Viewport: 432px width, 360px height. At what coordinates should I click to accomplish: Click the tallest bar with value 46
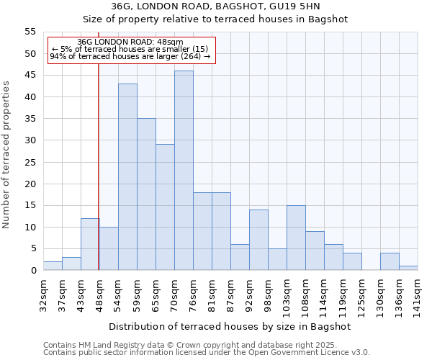click(x=184, y=170)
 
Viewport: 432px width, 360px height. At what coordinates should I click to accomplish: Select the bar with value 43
click(x=127, y=177)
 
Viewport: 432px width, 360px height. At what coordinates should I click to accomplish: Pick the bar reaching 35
click(x=146, y=194)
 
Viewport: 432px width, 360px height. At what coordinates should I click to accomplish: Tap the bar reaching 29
click(x=165, y=207)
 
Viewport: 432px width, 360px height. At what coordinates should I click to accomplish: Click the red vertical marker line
click(x=98, y=180)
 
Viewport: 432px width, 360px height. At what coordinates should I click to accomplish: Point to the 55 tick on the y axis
click(x=30, y=32)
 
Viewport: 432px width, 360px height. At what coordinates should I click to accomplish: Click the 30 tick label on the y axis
click(x=30, y=140)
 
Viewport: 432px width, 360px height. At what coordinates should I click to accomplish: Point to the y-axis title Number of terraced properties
click(x=7, y=154)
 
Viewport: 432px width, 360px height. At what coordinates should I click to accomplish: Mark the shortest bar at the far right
click(x=408, y=268)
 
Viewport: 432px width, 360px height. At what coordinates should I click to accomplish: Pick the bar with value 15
click(x=296, y=238)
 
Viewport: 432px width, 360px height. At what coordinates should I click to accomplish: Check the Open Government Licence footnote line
click(x=207, y=353)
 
